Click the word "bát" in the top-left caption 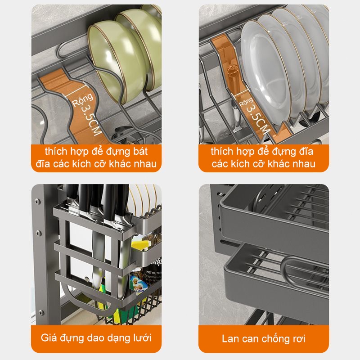[x=140, y=152]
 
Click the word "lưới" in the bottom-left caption [x=143, y=338]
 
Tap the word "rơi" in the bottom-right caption [x=298, y=339]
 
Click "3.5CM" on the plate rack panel [x=257, y=119]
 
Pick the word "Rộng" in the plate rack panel [x=246, y=102]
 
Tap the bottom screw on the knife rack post [x=41, y=313]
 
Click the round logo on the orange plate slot [x=232, y=71]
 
